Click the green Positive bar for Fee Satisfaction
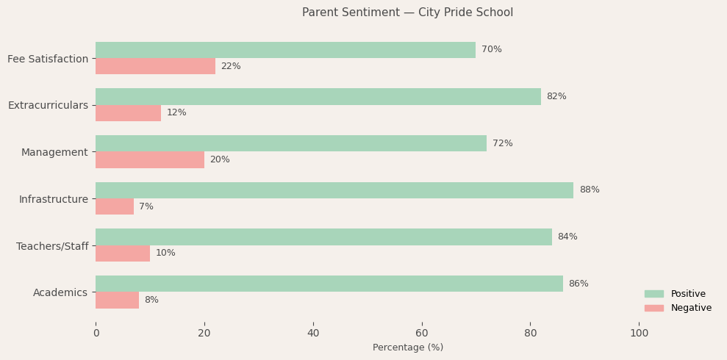tap(285, 50)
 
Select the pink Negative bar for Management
tap(150, 160)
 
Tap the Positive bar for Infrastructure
tap(334, 190)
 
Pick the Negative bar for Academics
tap(117, 300)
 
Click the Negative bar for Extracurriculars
tap(128, 113)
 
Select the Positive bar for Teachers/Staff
tap(323, 237)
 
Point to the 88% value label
tap(589, 190)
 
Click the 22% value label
tap(231, 67)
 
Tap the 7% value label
tap(146, 207)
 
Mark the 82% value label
tap(556, 97)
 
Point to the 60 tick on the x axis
tap(422, 334)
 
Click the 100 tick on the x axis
tap(640, 334)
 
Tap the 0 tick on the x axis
tap(96, 334)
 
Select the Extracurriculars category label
tap(48, 106)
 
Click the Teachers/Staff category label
tap(52, 246)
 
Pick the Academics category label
tap(60, 293)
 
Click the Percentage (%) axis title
tap(408, 348)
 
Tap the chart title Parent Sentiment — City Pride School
tap(407, 12)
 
